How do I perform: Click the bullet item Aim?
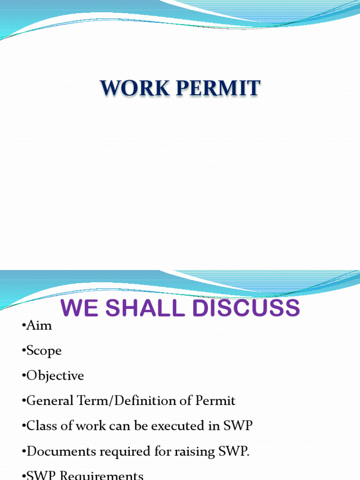[39, 326]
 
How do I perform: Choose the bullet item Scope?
[44, 351]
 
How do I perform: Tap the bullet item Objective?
[55, 376]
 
